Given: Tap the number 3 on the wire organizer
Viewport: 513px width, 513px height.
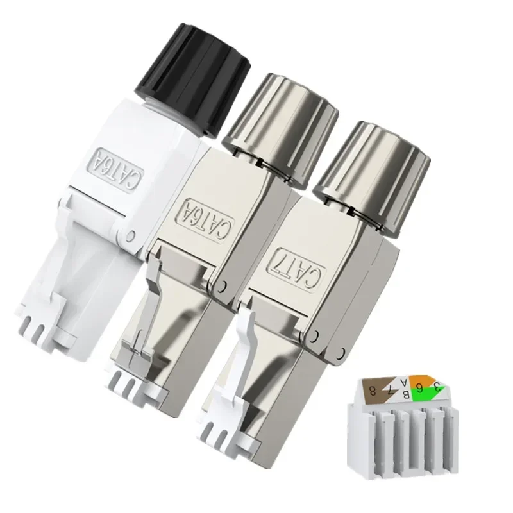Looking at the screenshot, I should click(x=435, y=387).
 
